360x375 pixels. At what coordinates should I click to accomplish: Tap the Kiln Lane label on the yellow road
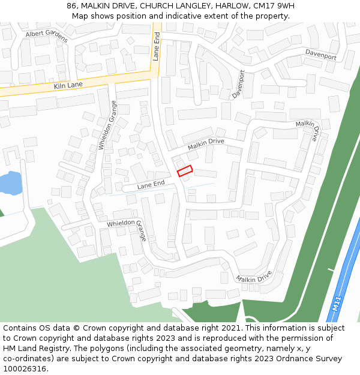(68, 86)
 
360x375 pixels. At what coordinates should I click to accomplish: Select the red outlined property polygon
(185, 171)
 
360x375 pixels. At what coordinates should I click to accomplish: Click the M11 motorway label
(337, 302)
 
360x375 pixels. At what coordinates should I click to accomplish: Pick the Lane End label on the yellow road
(156, 46)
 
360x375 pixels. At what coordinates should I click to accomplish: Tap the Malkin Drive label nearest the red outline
(206, 144)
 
